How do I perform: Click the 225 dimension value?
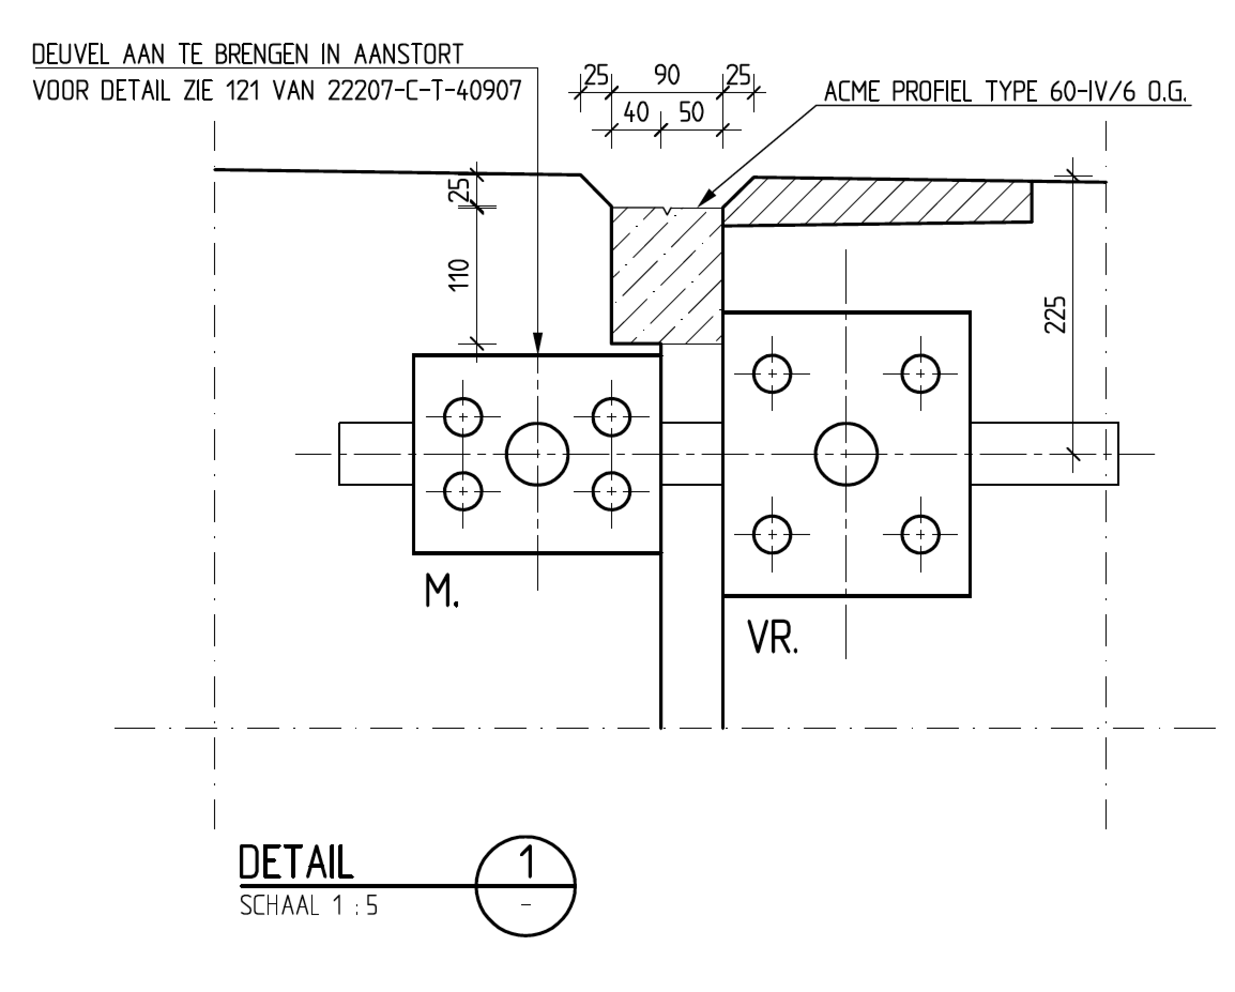pos(1055,315)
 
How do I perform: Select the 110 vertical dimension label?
pos(460,275)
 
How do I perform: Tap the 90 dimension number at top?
pos(667,75)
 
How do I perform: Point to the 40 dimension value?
pos(636,112)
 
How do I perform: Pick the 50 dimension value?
pos(691,112)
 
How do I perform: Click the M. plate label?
pos(441,592)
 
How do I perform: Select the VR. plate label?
pos(772,637)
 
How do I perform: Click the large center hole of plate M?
pos(537,454)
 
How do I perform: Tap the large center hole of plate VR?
pos(846,454)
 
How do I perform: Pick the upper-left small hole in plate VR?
pos(772,374)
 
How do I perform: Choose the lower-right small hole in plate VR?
pos(920,535)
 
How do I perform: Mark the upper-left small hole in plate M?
pos(463,417)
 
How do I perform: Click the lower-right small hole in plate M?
pos(611,491)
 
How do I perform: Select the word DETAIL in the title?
pos(295,863)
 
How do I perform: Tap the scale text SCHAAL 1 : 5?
pos(309,906)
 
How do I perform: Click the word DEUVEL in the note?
pos(71,55)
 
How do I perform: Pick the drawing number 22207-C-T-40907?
pos(424,90)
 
